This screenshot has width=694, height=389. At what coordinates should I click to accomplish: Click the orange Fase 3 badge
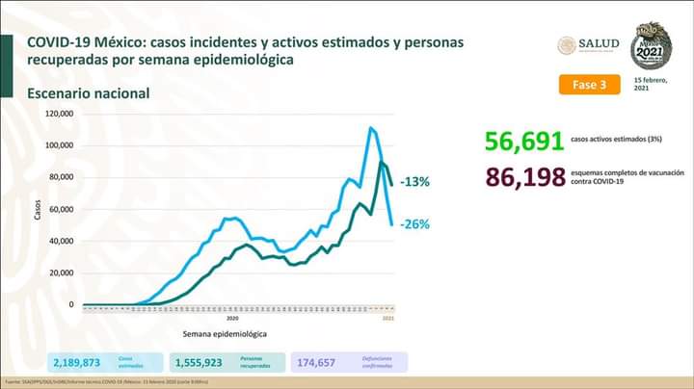pyautogui.click(x=589, y=85)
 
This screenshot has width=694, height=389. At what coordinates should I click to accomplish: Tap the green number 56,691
pyautogui.click(x=524, y=143)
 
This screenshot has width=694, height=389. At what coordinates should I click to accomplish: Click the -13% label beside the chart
pyautogui.click(x=415, y=182)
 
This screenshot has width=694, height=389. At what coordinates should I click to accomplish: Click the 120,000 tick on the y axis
pyautogui.click(x=59, y=114)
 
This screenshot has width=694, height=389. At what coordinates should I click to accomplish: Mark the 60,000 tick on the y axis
pyautogui.click(x=61, y=209)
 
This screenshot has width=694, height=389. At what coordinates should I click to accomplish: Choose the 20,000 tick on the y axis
pyautogui.click(x=61, y=272)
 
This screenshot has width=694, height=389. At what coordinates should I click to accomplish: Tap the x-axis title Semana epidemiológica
pyautogui.click(x=225, y=334)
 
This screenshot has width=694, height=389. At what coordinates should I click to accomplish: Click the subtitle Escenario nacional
pyautogui.click(x=88, y=93)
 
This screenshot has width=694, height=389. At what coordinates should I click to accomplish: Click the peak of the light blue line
pyautogui.click(x=371, y=127)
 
